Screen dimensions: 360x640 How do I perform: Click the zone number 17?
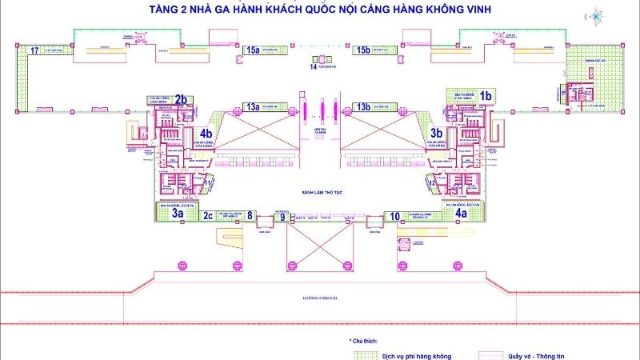pyautogui.click(x=34, y=50)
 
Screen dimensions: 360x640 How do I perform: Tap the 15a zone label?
pyautogui.click(x=254, y=50)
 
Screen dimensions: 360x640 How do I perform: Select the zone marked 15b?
pyautogui.click(x=364, y=50)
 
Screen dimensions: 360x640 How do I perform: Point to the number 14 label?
pyautogui.click(x=313, y=66)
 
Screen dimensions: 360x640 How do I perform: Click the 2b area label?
pyautogui.click(x=181, y=99)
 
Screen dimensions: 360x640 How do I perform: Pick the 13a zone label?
pyautogui.click(x=253, y=106)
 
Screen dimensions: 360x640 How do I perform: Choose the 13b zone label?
pyautogui.click(x=364, y=106)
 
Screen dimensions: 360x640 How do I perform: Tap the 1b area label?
pyautogui.click(x=486, y=95)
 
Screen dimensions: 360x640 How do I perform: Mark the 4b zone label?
pyautogui.click(x=206, y=133)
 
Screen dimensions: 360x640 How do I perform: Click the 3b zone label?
pyautogui.click(x=437, y=133)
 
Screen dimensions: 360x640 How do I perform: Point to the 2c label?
pyautogui.click(x=208, y=214)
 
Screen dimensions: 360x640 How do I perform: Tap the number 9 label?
pyautogui.click(x=282, y=216)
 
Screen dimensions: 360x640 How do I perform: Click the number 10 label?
pyautogui.click(x=394, y=215)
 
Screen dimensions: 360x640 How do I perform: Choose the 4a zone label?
pyautogui.click(x=461, y=214)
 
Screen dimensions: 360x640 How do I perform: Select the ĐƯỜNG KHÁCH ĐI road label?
pyautogui.click(x=320, y=297)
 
